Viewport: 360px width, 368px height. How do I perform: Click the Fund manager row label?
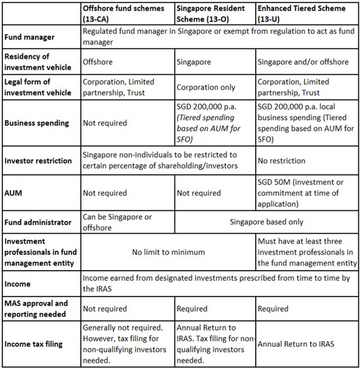click(x=30, y=37)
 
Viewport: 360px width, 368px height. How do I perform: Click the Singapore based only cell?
click(x=266, y=222)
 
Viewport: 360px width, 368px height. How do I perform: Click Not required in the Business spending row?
click(x=104, y=123)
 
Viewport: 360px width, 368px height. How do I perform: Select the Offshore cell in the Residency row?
click(x=98, y=61)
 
